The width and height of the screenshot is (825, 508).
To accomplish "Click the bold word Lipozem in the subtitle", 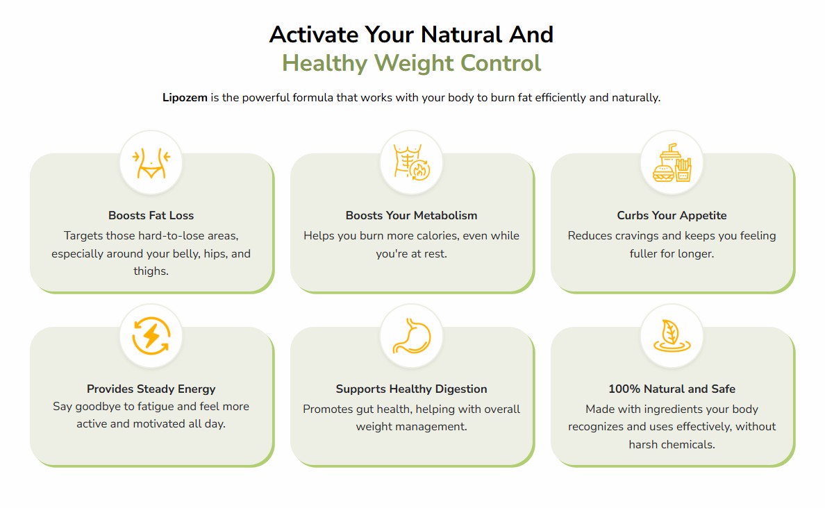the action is pyautogui.click(x=185, y=98).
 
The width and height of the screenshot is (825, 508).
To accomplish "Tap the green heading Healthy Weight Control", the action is pyautogui.click(x=411, y=63).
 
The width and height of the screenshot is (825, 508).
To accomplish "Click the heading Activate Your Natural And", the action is pyautogui.click(x=411, y=35).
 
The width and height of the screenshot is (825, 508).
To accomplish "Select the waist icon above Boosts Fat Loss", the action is pyautogui.click(x=151, y=163).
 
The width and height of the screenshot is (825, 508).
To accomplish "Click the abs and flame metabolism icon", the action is pyautogui.click(x=411, y=162).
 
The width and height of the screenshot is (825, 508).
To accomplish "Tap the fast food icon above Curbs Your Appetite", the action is pyautogui.click(x=672, y=162).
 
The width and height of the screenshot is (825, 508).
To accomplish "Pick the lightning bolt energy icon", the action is pyautogui.click(x=151, y=335).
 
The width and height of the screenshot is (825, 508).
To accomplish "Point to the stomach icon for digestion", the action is pyautogui.click(x=411, y=336).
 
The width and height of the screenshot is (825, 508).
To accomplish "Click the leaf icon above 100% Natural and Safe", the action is pyautogui.click(x=672, y=335).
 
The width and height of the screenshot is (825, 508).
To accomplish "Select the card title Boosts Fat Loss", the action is pyautogui.click(x=151, y=216).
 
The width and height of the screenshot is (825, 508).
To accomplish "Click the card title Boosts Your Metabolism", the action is pyautogui.click(x=411, y=216).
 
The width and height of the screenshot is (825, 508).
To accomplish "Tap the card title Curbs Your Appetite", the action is pyautogui.click(x=672, y=216).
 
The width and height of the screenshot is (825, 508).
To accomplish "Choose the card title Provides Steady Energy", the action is pyautogui.click(x=151, y=389).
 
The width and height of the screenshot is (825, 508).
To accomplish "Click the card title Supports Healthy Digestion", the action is pyautogui.click(x=411, y=389).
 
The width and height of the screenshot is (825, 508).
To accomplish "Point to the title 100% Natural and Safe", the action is pyautogui.click(x=672, y=389).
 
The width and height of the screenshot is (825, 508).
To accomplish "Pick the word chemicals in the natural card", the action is pyautogui.click(x=690, y=445).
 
